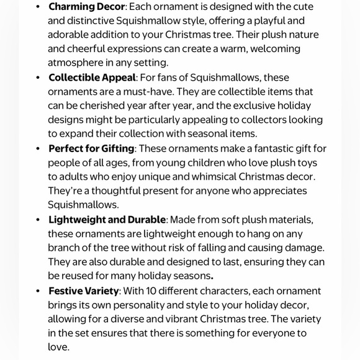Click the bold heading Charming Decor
click(x=86, y=7)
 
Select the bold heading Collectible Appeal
click(x=92, y=78)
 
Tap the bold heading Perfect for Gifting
click(x=91, y=148)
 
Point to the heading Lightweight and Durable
click(x=107, y=220)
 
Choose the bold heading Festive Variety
click(x=84, y=291)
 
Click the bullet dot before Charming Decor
click(x=38, y=7)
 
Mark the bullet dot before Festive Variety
click(x=38, y=291)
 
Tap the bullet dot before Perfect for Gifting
click(x=38, y=149)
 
